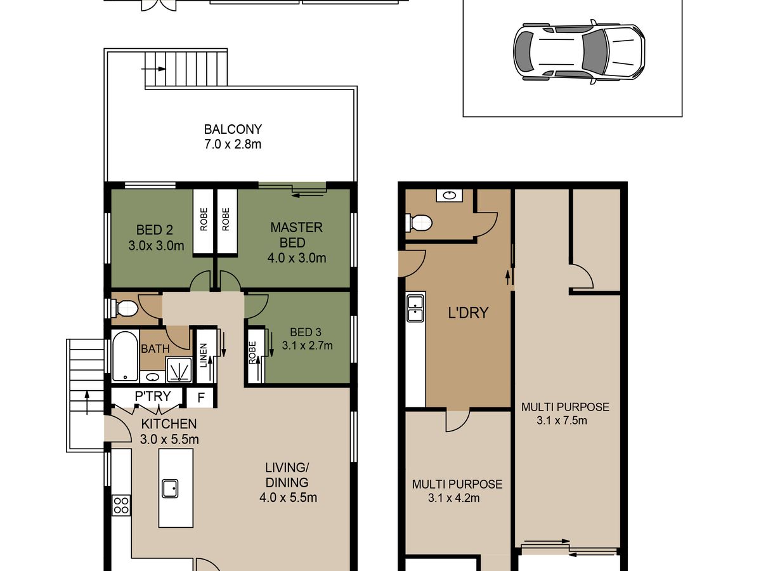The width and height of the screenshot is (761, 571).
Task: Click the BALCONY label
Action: click(233, 129)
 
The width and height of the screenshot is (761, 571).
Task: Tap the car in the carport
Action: click(579, 52)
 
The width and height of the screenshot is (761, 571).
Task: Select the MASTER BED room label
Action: click(296, 235)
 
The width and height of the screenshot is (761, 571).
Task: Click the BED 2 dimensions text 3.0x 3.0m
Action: click(156, 246)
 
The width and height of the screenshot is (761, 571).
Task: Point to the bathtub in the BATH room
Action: click(125, 357)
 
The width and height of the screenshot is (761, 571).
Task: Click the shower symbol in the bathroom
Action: click(179, 370)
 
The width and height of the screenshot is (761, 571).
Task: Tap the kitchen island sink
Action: click(170, 489)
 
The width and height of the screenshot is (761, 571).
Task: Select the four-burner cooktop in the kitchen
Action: click(121, 505)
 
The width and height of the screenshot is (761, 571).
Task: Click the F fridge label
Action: click(201, 398)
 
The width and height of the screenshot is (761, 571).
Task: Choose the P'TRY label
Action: click(153, 395)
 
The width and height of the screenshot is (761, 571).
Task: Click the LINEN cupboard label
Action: click(204, 355)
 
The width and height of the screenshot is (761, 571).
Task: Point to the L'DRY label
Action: click(468, 313)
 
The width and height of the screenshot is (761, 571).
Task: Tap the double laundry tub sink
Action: click(415, 308)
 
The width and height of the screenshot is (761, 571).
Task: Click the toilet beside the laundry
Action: click(420, 222)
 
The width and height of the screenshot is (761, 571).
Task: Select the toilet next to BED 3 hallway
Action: click(126, 308)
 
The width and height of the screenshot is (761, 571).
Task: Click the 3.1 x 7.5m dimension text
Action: click(562, 421)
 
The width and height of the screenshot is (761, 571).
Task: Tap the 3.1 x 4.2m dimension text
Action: click(454, 498)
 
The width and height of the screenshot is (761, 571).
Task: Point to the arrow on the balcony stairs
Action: click(153, 69)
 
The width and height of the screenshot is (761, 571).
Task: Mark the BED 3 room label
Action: click(306, 332)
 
